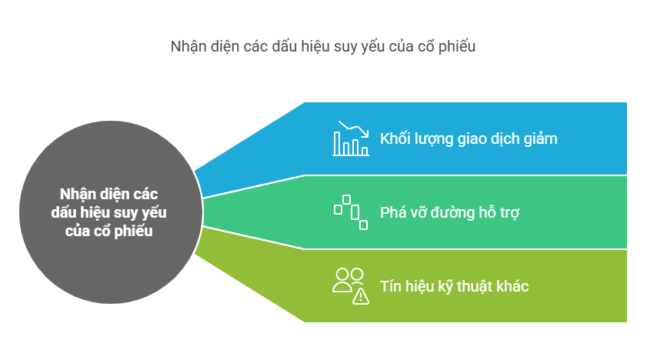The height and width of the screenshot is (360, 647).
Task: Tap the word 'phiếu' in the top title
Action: [459, 46]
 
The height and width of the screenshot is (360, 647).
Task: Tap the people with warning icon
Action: [351, 285]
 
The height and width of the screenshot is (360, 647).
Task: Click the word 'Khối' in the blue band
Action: [395, 139]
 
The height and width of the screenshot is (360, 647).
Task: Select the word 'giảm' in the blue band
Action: [539, 139]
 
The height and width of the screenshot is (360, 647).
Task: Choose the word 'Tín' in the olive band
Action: [391, 286]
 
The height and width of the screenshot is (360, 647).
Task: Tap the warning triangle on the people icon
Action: [361, 295]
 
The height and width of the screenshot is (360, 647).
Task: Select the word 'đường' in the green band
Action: [445, 212]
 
